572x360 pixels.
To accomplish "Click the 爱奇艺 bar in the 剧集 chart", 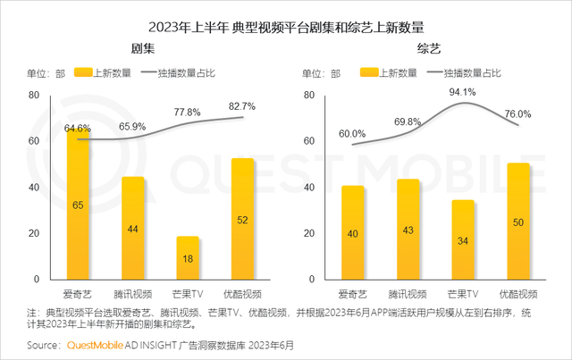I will point(79,205).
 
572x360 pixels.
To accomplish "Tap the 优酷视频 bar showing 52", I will point(243,219).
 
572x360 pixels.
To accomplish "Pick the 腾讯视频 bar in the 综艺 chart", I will point(408,230).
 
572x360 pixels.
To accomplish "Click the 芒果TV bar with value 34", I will point(462,240).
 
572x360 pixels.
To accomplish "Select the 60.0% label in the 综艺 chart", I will point(351,134).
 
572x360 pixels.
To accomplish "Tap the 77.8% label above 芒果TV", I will point(187,113).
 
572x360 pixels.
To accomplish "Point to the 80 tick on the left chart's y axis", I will point(34,95).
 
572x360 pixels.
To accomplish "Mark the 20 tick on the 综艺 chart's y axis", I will point(310,234).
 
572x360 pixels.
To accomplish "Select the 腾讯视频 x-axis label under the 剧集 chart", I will point(132,293).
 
